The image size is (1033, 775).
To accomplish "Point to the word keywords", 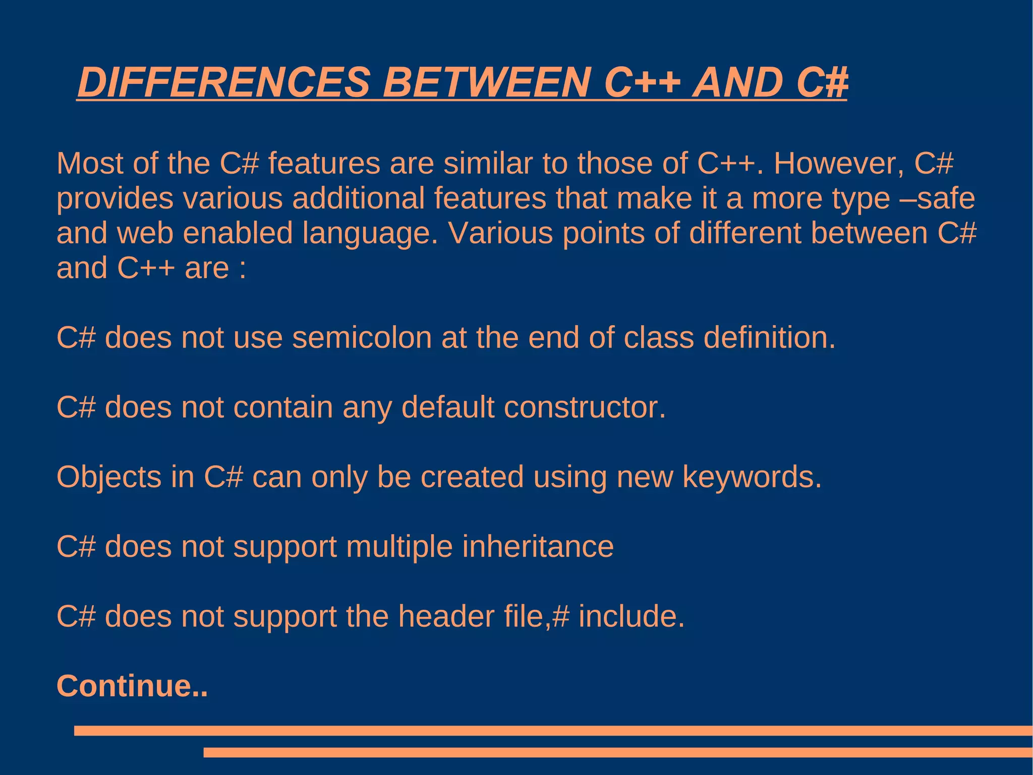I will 752,477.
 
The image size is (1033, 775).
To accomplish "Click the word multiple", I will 399,547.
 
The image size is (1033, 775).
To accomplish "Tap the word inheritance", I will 538,547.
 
